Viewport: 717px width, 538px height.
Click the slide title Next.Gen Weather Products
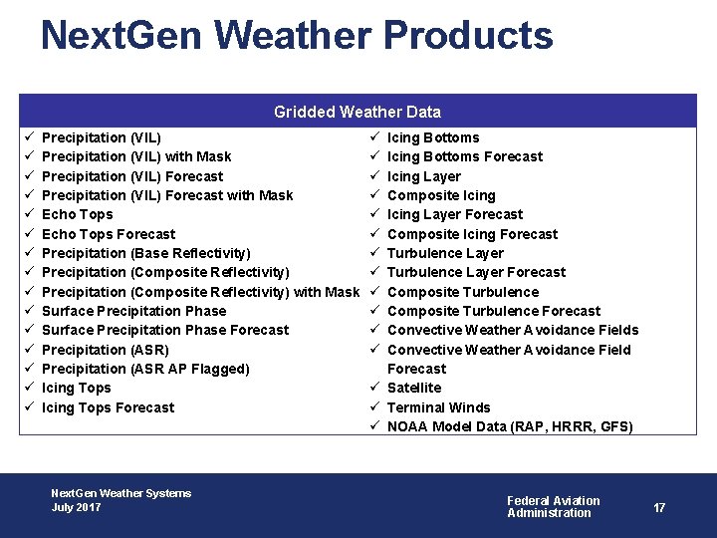tap(297, 36)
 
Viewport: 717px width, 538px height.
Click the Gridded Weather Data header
tap(357, 112)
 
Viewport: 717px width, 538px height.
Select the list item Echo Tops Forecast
tap(109, 234)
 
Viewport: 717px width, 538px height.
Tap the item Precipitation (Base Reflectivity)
tap(146, 253)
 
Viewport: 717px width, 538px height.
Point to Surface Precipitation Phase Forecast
tap(165, 330)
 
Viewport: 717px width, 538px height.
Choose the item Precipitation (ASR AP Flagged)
tap(145, 369)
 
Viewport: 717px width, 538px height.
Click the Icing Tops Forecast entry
tap(108, 407)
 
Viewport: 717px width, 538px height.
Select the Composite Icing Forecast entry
tap(472, 234)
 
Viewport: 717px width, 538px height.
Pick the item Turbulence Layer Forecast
tap(476, 272)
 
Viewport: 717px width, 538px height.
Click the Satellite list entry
tap(414, 388)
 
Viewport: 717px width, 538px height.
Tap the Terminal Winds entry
tap(438, 407)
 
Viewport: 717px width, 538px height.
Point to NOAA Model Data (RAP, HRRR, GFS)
tap(510, 426)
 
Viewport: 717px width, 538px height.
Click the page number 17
tap(659, 508)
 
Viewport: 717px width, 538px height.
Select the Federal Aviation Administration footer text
tap(554, 507)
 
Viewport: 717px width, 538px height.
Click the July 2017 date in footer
tap(76, 507)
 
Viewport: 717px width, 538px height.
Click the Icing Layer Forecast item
tap(454, 214)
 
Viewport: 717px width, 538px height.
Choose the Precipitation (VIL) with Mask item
tap(136, 156)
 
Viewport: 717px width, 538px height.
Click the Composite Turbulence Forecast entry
tap(494, 311)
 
